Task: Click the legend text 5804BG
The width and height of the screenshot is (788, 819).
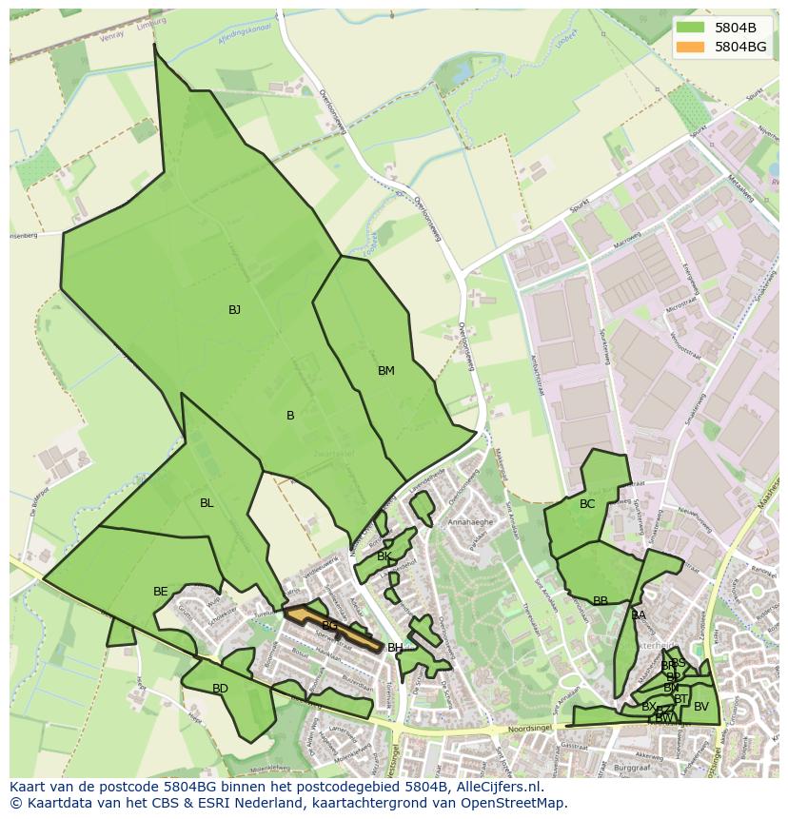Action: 740,46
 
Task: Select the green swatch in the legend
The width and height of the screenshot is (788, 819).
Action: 692,28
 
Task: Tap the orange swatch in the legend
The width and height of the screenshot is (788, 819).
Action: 692,46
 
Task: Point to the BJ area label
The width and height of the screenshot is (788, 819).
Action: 234,310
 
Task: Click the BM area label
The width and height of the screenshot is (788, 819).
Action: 385,371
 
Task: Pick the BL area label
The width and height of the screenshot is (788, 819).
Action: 207,503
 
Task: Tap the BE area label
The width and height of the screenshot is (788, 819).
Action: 161,592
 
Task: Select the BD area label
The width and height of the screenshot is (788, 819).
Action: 220,689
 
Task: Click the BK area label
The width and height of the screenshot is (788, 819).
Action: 384,556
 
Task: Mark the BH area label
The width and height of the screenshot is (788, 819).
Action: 394,648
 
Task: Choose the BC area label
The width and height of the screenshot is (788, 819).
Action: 587,504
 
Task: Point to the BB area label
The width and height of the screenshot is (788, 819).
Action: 601,601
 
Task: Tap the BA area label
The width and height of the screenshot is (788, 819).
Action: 639,615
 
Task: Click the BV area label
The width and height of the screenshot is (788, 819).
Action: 701,707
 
